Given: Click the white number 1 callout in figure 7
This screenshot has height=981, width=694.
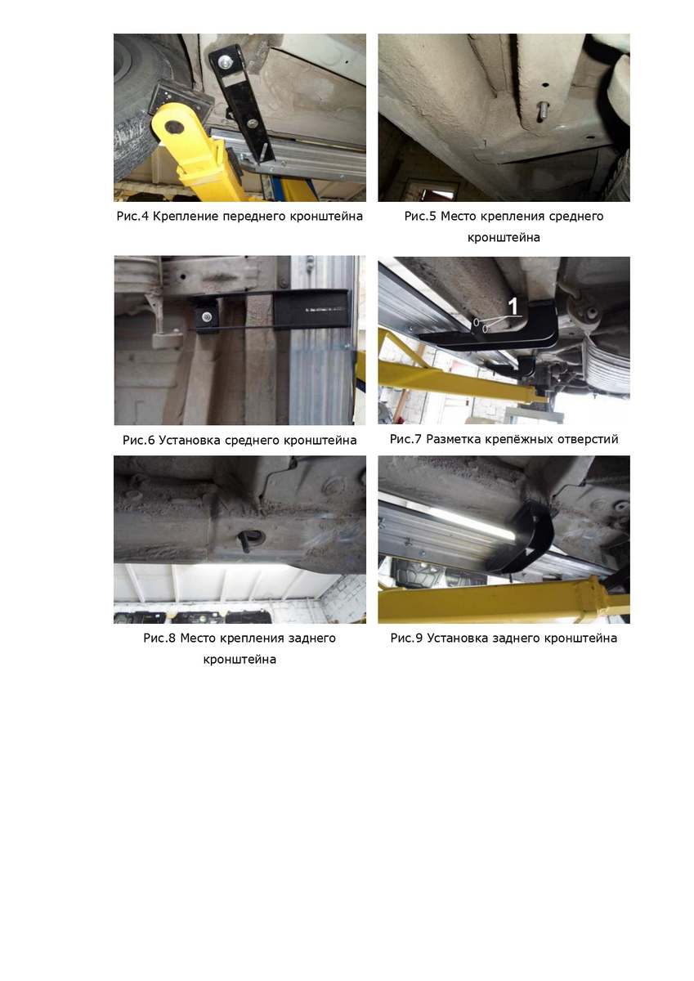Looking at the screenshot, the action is click(513, 306).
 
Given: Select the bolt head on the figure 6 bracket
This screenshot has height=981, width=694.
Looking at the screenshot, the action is click(205, 316).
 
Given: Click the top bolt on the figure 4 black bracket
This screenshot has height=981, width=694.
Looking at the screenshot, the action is click(226, 60).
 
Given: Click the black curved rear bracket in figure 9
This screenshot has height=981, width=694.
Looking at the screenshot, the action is click(521, 539).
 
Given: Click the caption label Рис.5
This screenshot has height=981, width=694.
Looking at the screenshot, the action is click(420, 217).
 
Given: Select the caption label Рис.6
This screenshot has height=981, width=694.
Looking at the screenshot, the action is click(138, 440).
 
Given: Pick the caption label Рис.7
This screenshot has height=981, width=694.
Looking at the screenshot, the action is click(405, 439).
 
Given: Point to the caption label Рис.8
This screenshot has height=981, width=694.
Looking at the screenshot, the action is click(159, 638).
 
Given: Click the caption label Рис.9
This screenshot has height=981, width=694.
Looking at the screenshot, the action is click(406, 638).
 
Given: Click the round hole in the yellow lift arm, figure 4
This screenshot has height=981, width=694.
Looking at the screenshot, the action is click(174, 126).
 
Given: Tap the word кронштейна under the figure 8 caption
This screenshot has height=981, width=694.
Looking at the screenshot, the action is click(240, 660).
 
